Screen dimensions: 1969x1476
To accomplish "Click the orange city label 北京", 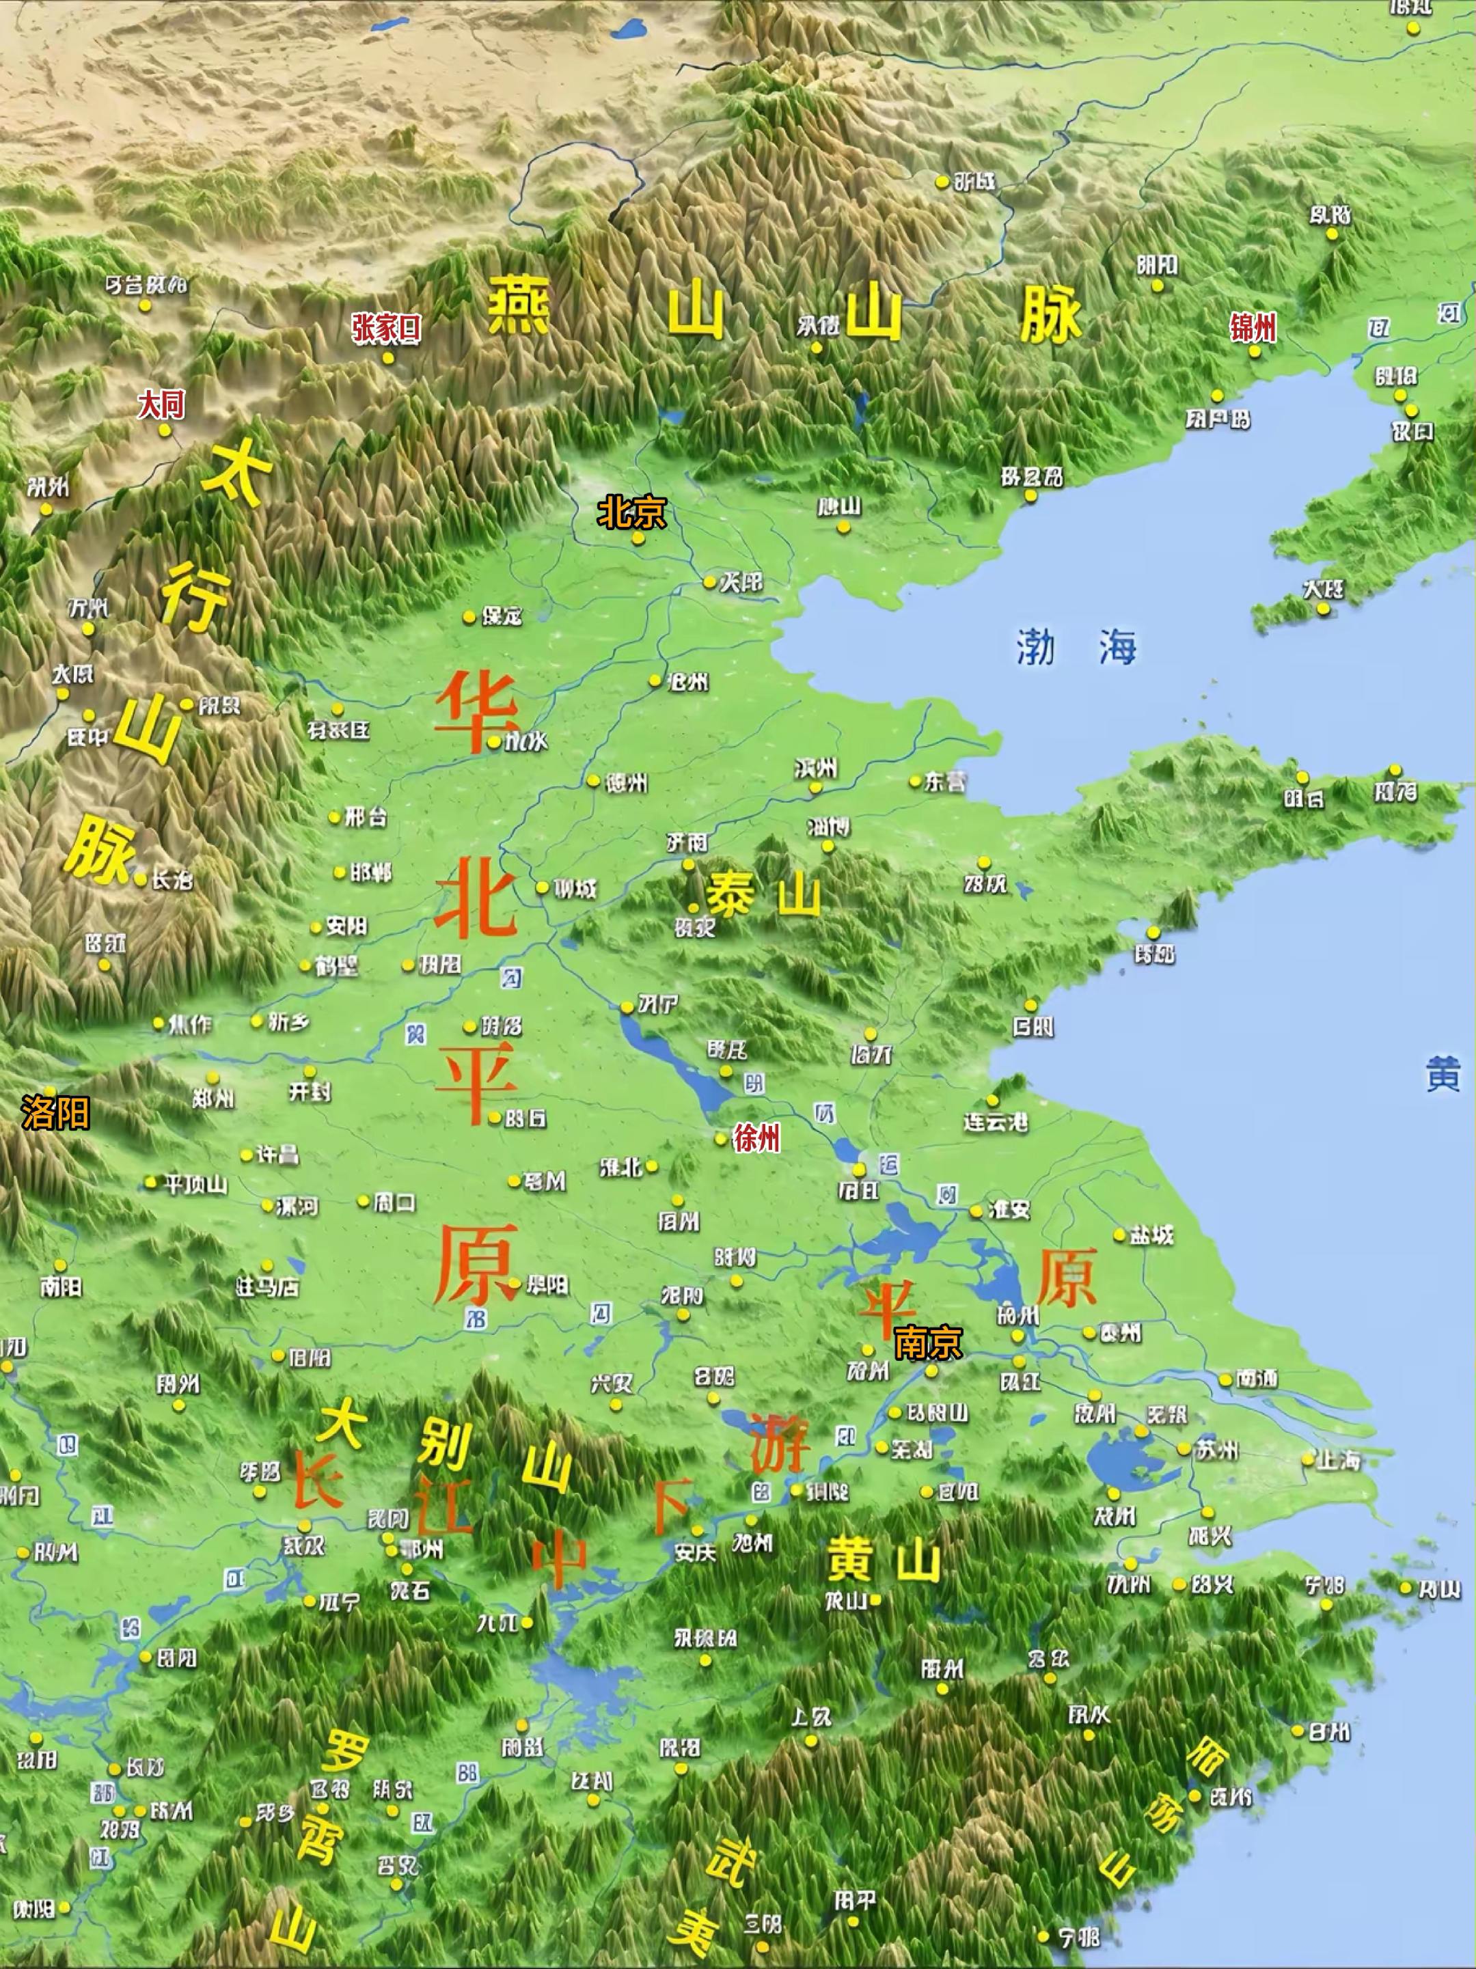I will [631, 512].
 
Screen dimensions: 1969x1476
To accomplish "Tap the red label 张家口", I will [385, 329].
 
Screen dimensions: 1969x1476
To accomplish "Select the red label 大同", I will [161, 405].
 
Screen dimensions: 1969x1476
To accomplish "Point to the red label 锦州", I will [1253, 329].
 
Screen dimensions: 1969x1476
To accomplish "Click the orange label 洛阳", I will [55, 1113].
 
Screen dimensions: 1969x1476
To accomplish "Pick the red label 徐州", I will [756, 1137].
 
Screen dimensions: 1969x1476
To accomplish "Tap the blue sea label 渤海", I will [1077, 646].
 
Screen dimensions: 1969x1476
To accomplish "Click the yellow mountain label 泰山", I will [763, 894].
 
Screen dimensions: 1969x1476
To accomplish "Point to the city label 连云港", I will [996, 1122].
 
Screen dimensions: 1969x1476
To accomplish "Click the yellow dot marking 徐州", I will [721, 1138].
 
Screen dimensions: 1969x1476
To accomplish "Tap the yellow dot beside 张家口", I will [388, 358].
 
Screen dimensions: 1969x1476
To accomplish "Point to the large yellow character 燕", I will [519, 305].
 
